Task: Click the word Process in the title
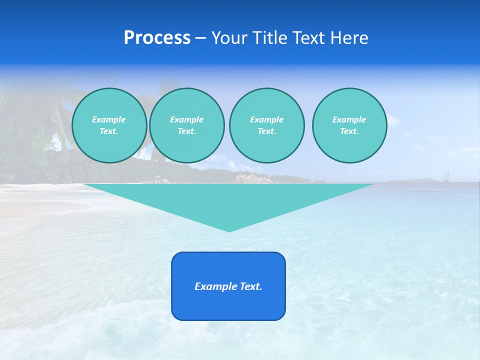tap(157, 38)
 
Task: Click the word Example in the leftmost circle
tap(109, 119)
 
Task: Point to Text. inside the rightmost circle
tap(349, 131)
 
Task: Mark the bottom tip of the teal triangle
tap(229, 231)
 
